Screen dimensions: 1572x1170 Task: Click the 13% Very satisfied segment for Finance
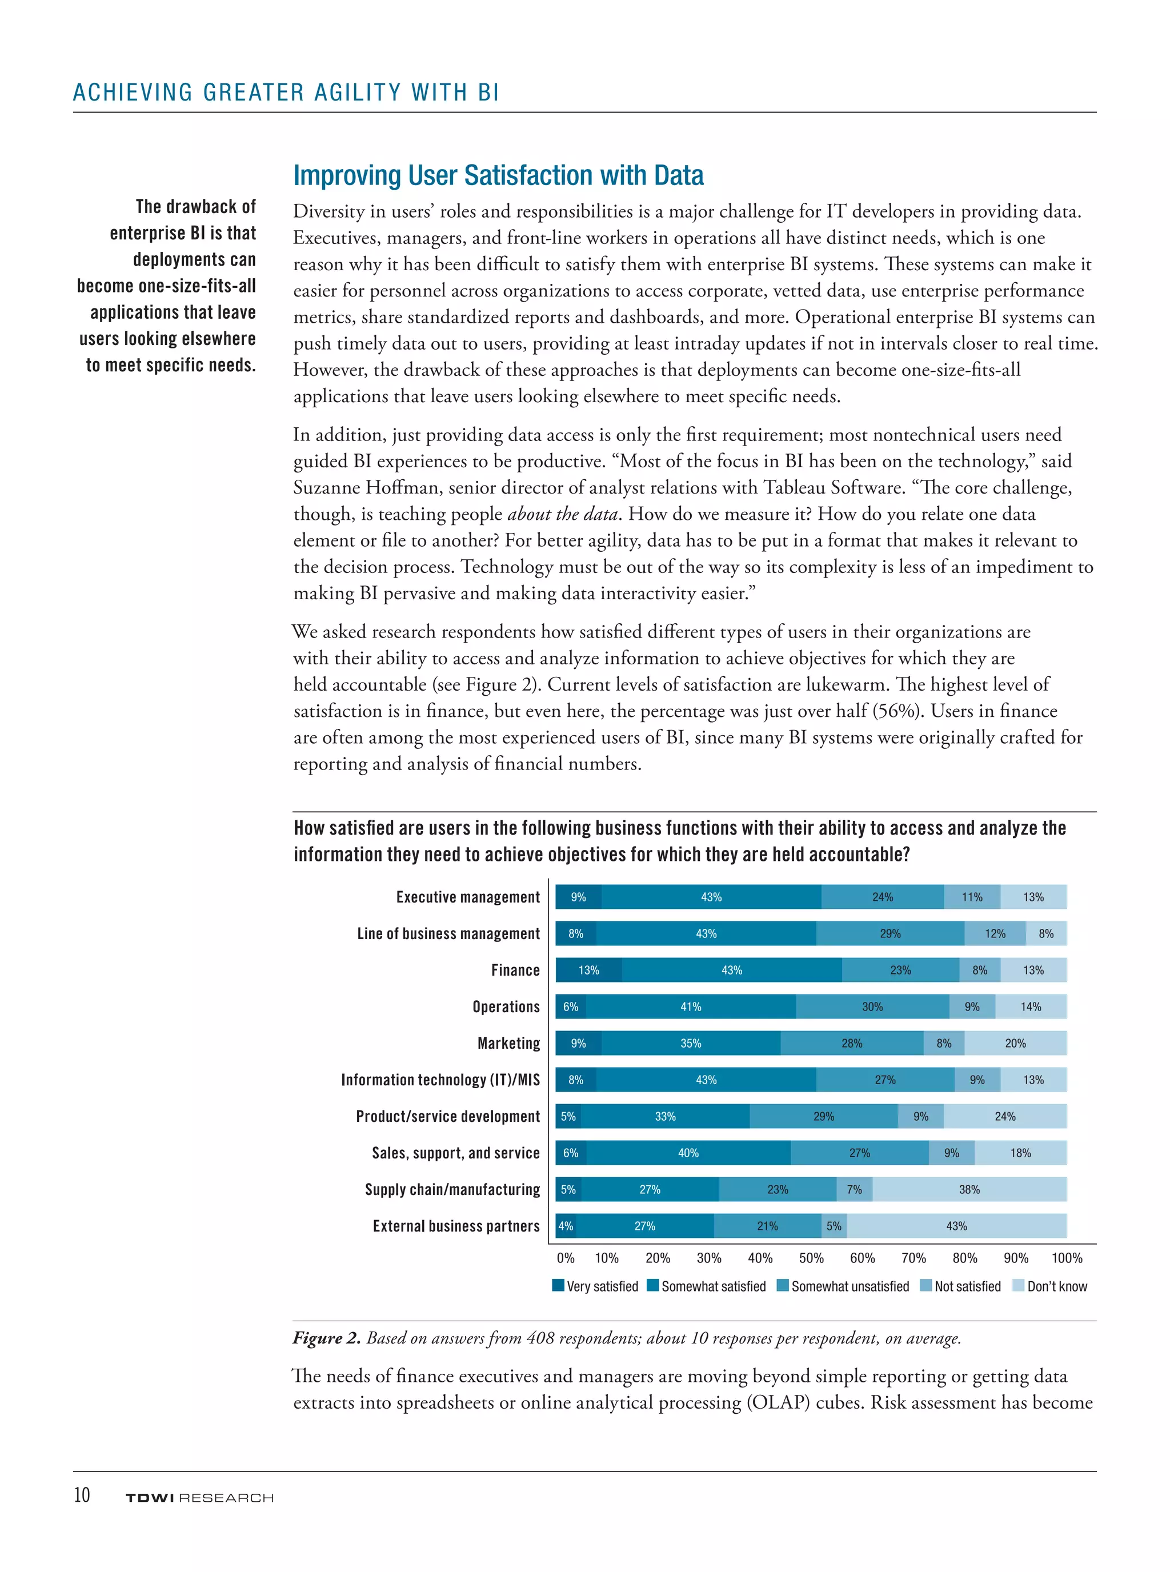pos(588,970)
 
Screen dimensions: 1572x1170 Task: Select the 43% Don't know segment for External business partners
pos(956,1226)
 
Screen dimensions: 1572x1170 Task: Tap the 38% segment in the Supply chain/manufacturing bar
pos(969,1190)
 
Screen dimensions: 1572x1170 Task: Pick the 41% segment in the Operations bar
pos(691,1007)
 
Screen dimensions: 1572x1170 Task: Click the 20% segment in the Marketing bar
pos(1015,1043)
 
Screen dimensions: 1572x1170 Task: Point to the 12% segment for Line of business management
pos(995,934)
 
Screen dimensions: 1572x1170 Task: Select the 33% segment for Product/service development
pos(665,1117)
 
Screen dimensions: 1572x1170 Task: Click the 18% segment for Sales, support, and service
pos(1020,1153)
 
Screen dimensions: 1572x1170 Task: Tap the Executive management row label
pos(467,897)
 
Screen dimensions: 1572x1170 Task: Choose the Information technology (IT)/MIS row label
pos(440,1080)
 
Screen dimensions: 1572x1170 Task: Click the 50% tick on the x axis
pos(811,1258)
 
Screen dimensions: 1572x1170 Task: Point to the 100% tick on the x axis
pos(1067,1258)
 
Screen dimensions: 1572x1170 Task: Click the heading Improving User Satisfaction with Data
pos(498,175)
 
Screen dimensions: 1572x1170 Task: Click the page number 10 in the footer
pos(82,1494)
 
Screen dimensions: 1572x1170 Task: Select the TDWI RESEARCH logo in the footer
pos(199,1498)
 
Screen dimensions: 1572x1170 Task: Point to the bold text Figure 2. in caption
pos(327,1338)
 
